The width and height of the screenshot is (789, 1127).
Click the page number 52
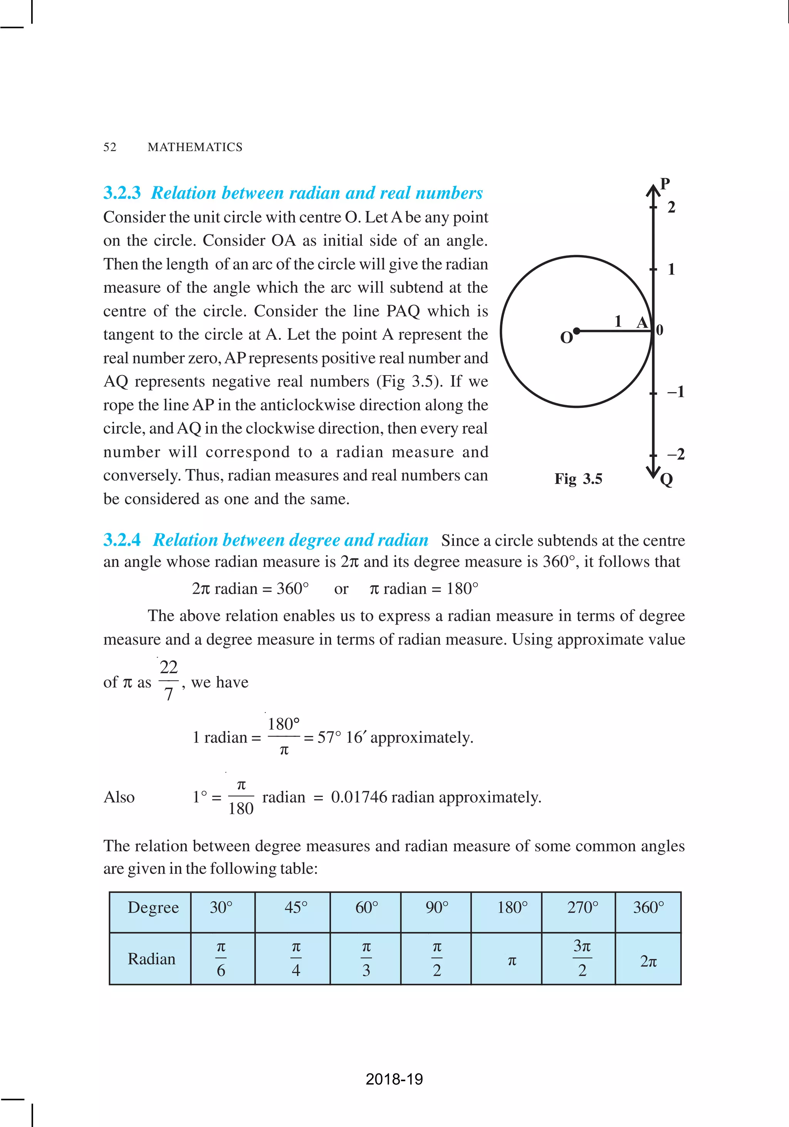point(110,147)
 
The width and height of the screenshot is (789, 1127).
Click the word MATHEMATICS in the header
point(195,147)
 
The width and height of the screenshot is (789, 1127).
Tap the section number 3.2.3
point(122,193)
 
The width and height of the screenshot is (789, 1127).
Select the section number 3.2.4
point(122,540)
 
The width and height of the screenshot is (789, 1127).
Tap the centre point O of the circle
point(576,331)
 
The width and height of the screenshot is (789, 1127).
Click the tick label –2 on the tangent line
point(676,454)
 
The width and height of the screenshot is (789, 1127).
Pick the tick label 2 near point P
point(671,207)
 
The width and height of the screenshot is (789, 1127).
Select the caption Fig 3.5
point(578,479)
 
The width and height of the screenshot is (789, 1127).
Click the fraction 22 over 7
point(168,680)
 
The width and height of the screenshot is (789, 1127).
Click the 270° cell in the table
point(582,907)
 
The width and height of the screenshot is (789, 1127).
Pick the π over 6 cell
point(221,959)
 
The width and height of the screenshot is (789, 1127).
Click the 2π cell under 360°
point(648,961)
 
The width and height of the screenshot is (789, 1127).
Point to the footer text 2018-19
point(394,1079)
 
